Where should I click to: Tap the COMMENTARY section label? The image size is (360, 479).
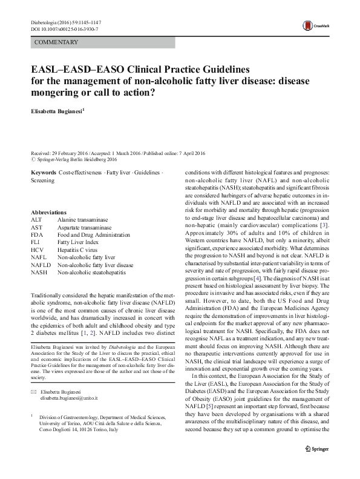pyautogui.click(x=56, y=42)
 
